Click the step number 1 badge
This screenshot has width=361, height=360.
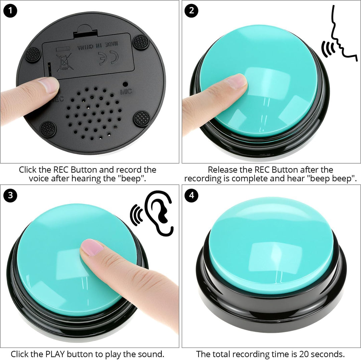click(10, 11)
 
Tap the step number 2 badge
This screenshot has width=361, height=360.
click(192, 11)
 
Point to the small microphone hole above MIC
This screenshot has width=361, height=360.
click(125, 83)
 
